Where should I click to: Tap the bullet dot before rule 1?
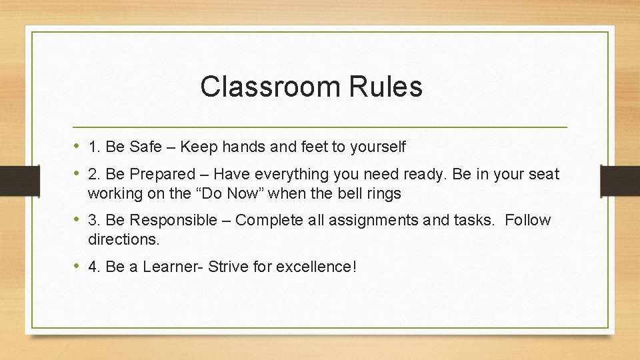pyautogui.click(x=78, y=145)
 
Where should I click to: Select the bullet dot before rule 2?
pyautogui.click(x=78, y=174)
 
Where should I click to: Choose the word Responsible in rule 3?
pyautogui.click(x=173, y=221)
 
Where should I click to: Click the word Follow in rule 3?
pyautogui.click(x=528, y=221)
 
